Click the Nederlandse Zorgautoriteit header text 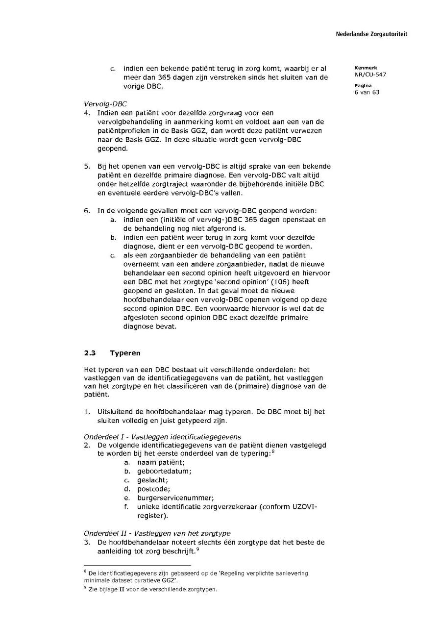(x=371, y=34)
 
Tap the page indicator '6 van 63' (x=367, y=92)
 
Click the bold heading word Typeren (x=125, y=352)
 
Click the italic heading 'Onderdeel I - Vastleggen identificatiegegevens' (x=162, y=436)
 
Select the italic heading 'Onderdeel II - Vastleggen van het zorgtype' (x=157, y=533)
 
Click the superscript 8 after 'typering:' (x=272, y=451)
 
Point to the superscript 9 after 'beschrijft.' (x=197, y=549)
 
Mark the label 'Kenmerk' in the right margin (x=363, y=68)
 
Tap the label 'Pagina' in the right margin (x=363, y=85)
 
